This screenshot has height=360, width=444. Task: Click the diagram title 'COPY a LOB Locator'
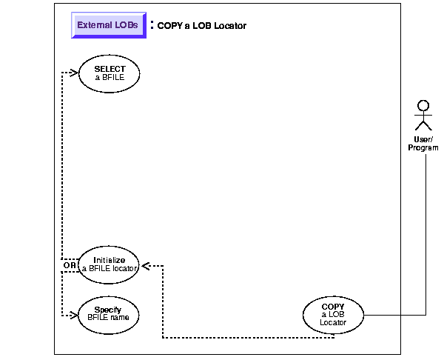[x=201, y=26]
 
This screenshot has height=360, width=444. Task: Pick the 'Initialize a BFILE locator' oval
[x=110, y=264]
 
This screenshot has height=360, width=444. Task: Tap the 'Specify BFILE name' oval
[x=108, y=313]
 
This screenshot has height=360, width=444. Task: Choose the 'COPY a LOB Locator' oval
[x=333, y=314]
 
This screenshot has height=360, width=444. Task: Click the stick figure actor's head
[x=423, y=104]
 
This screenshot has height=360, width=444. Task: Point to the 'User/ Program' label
[x=423, y=144]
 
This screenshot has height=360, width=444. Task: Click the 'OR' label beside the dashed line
[x=69, y=264]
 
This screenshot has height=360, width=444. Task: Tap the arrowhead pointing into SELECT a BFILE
[x=74, y=73]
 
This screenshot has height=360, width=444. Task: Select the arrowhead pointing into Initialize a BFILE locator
[x=146, y=265]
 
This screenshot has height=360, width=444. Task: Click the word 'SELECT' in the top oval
[x=110, y=69]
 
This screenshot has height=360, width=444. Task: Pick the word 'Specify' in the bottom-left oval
[x=108, y=309]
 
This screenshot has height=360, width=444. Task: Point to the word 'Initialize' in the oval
[x=110, y=260]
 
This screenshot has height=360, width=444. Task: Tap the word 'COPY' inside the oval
[x=333, y=307]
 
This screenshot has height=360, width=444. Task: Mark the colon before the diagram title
[x=152, y=24]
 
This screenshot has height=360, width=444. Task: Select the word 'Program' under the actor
[x=423, y=147]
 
